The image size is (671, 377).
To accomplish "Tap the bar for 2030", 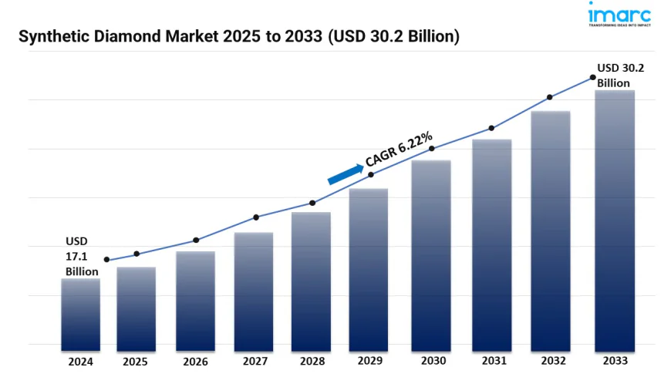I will click(430, 255).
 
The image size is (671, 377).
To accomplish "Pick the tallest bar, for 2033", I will click(615, 220).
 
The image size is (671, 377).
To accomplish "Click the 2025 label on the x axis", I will click(137, 361).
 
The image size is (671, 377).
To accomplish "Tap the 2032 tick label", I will click(551, 361).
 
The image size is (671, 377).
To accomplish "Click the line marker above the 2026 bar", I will click(196, 240).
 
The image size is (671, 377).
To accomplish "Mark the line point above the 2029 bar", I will click(371, 175).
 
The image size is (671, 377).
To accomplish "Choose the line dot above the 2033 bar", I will click(592, 77).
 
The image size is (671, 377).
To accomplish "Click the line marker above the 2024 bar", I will click(106, 260).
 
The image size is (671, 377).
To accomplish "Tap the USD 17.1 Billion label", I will click(81, 257).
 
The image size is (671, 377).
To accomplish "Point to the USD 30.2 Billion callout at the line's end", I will click(620, 75).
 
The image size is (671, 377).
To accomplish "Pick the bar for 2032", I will click(551, 231).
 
